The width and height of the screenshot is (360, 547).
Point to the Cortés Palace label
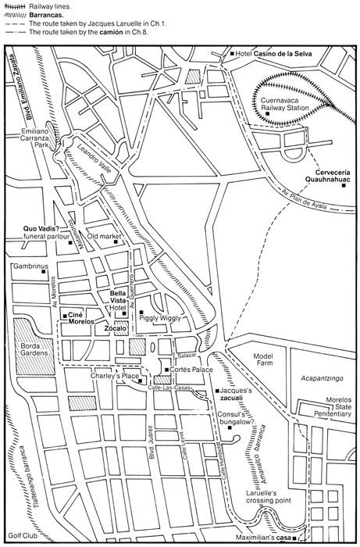point(192,369)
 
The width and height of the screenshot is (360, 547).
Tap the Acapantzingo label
point(322,377)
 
